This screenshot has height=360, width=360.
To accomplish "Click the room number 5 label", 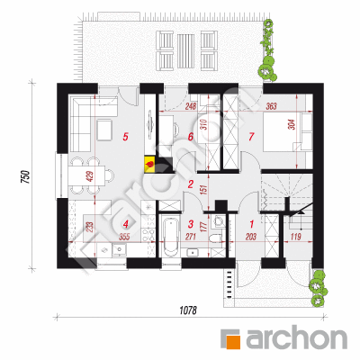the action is click(x=125, y=137).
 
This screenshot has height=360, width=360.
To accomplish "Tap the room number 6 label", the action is click(x=190, y=137).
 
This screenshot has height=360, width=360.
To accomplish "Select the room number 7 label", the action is click(x=251, y=137).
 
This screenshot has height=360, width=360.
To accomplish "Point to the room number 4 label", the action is click(x=125, y=224).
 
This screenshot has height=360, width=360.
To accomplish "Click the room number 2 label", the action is click(x=190, y=184).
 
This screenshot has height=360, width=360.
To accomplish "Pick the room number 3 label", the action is click(x=190, y=224).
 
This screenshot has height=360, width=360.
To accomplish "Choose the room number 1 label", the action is click(x=251, y=224).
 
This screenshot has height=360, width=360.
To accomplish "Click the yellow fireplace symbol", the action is click(x=149, y=164).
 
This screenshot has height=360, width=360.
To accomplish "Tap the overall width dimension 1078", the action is click(x=188, y=310).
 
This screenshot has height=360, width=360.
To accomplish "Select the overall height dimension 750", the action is click(x=25, y=176).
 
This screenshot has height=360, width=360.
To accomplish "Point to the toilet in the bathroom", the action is click(x=216, y=238).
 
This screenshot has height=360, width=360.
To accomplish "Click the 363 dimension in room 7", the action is click(x=271, y=106).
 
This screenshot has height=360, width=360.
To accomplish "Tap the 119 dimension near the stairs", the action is click(x=296, y=237).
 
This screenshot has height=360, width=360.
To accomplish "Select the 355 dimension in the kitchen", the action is click(x=124, y=237).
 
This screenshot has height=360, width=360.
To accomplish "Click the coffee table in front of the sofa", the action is click(x=104, y=130).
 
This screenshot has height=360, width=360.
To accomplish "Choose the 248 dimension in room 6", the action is click(x=190, y=106).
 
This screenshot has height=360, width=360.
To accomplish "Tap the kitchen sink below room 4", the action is click(x=120, y=249).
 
